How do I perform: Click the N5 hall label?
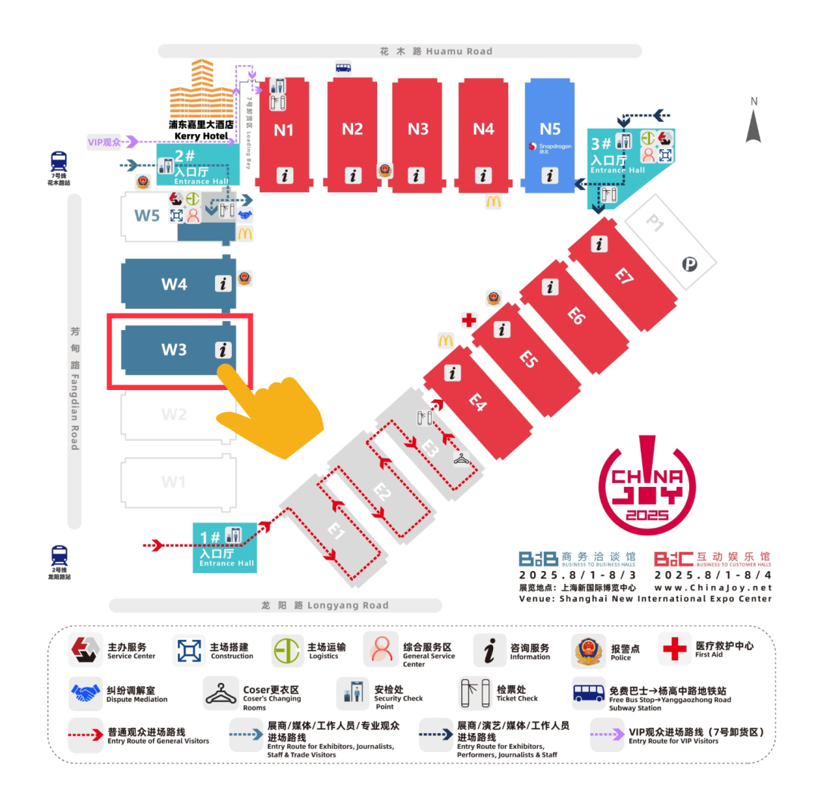click(x=550, y=129)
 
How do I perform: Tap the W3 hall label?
click(x=173, y=350)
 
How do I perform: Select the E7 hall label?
click(x=623, y=276)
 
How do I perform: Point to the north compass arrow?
click(x=753, y=124)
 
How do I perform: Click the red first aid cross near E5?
click(x=469, y=320)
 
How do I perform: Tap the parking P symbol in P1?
click(x=689, y=264)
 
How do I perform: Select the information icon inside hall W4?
click(x=223, y=283)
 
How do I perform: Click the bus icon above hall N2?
click(x=343, y=67)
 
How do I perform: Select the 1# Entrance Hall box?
click(x=224, y=547)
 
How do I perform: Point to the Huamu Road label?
click(x=436, y=51)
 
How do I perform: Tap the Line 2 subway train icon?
click(x=59, y=554)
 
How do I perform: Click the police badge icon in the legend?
click(x=589, y=650)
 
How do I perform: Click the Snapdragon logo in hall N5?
click(x=534, y=146)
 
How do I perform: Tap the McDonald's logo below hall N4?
click(x=493, y=201)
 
